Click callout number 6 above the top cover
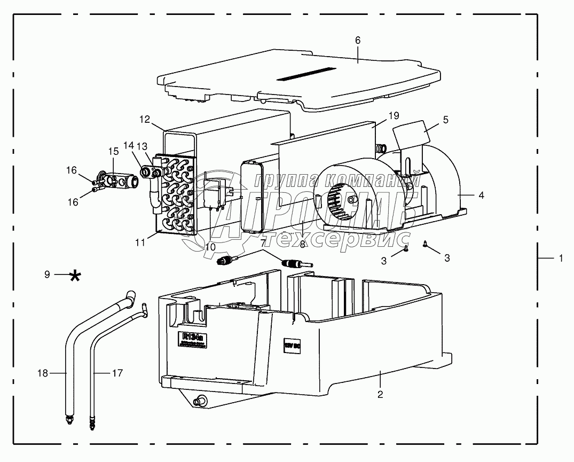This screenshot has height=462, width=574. point(358,40)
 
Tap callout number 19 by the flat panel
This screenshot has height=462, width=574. point(394,115)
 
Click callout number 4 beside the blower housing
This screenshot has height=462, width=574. point(481,195)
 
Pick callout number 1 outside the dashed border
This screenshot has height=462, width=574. point(561,258)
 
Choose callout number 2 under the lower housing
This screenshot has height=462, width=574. point(380,394)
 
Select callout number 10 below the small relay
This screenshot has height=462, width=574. point(210,247)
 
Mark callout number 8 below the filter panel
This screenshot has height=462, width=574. point(302,244)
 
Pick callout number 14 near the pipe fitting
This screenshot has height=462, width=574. point(128,145)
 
